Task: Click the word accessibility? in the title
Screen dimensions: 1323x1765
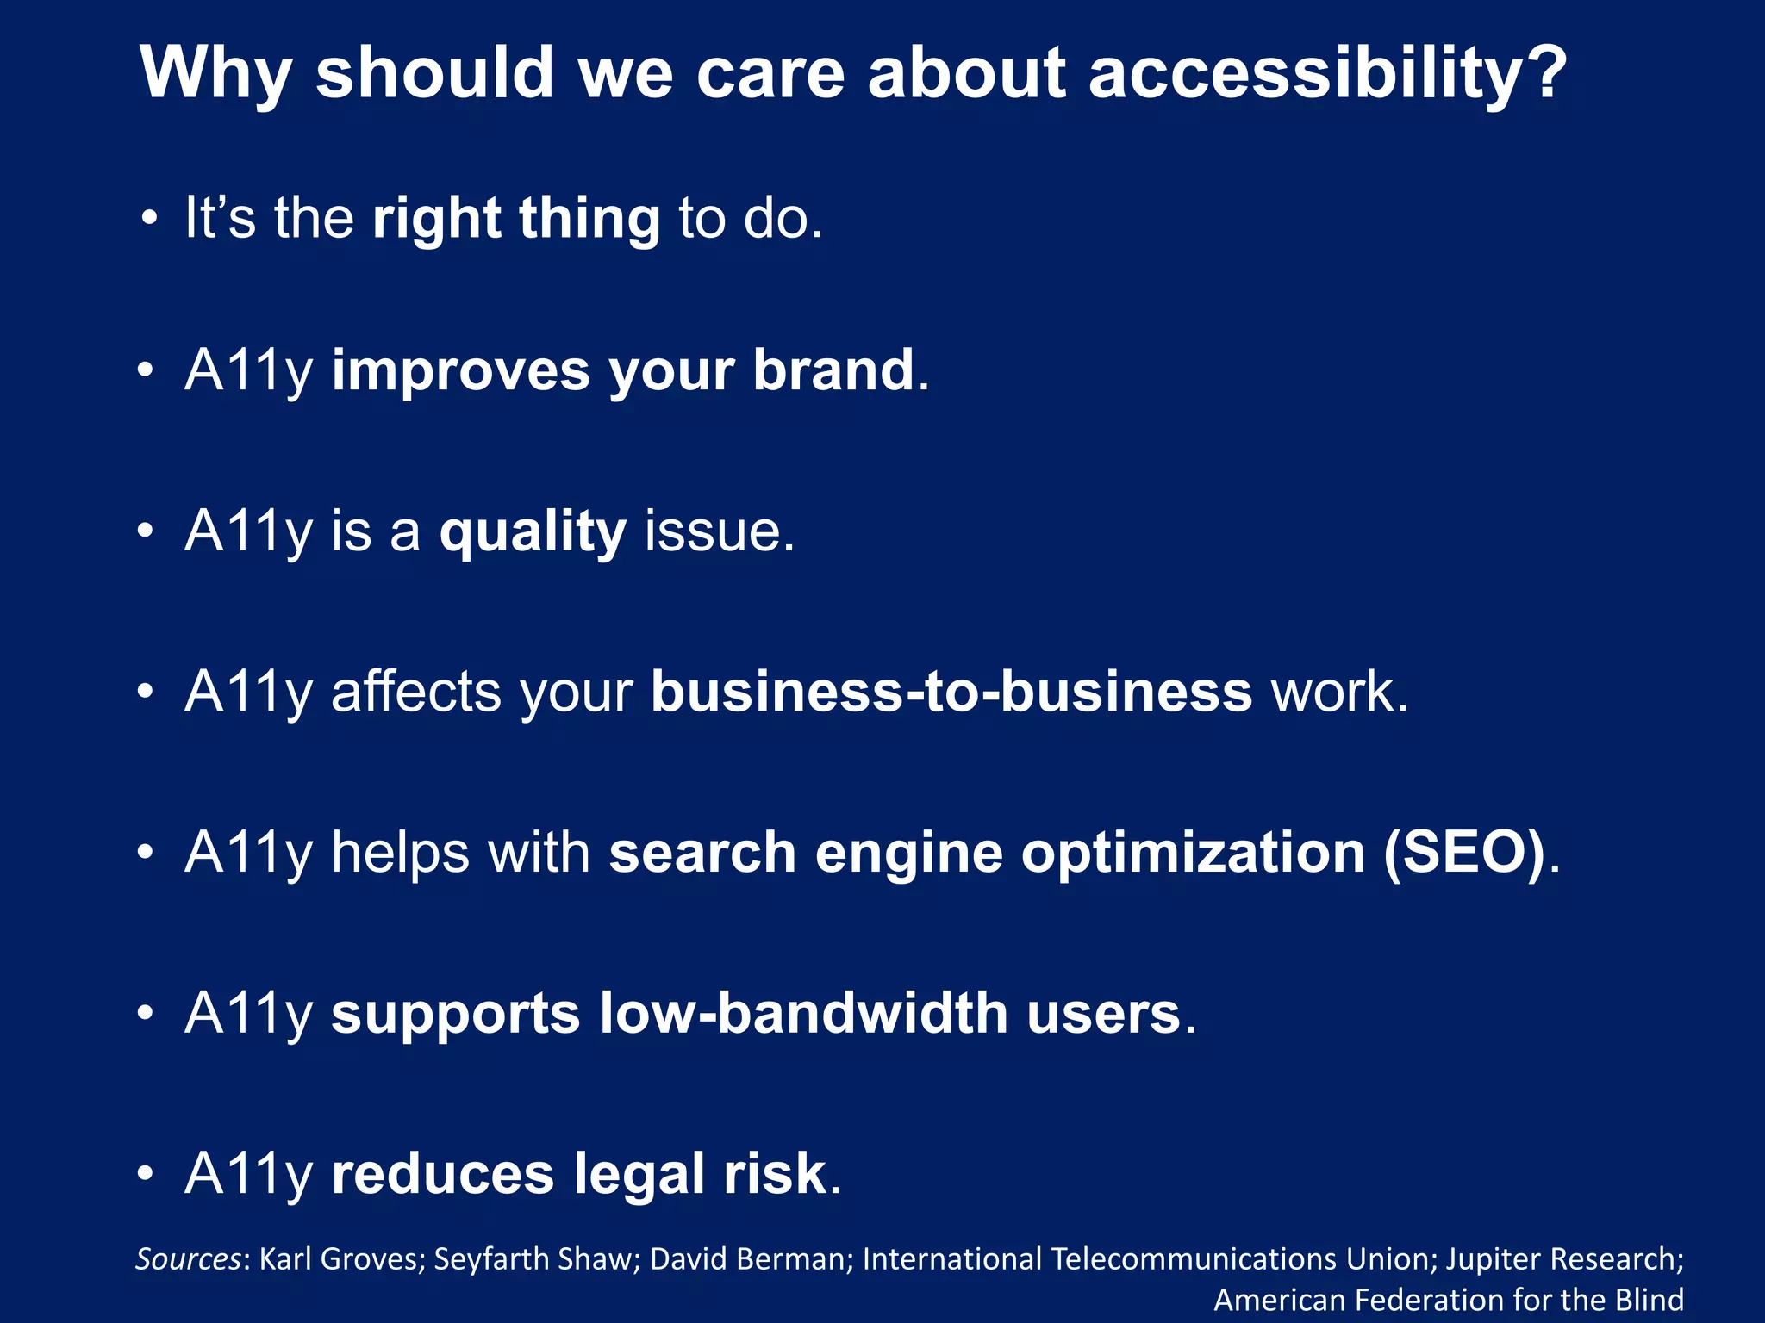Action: [1327, 73]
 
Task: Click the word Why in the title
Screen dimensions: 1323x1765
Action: [215, 73]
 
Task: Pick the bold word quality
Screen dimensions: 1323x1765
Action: [533, 531]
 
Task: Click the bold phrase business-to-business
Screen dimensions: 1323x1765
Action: [951, 692]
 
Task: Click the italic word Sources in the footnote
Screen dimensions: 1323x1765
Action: [188, 1259]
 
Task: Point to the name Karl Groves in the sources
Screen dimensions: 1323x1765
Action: [339, 1259]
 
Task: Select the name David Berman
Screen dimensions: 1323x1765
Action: [747, 1259]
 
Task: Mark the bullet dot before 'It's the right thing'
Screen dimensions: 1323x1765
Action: [150, 218]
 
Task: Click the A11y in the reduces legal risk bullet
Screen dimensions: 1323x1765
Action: [248, 1174]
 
